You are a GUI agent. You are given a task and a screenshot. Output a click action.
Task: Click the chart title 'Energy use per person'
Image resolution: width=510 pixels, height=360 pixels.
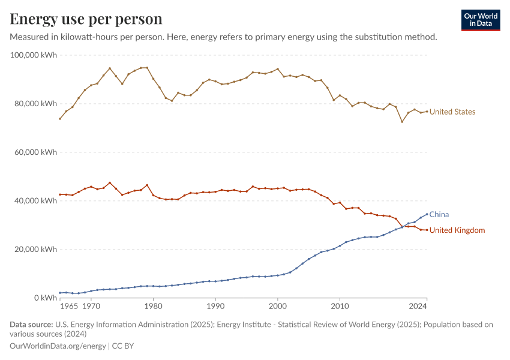[86, 19]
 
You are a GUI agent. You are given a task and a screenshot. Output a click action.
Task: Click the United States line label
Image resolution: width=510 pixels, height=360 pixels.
[452, 112]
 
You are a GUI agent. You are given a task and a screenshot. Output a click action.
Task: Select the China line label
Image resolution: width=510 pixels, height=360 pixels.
[439, 214]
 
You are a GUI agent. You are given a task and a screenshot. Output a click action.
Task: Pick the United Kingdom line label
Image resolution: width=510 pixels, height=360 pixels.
[457, 230]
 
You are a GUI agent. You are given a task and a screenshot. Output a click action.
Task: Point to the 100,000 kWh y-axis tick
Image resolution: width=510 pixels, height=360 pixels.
[34, 55]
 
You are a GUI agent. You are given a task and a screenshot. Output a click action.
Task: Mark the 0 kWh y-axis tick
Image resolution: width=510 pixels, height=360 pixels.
[46, 298]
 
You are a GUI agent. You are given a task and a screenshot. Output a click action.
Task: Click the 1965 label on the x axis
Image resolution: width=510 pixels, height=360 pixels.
[68, 307]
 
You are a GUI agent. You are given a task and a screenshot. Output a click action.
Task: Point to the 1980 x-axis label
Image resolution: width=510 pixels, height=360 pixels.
[153, 307]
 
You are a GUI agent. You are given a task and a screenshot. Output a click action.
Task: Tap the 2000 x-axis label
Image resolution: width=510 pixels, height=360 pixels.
[277, 307]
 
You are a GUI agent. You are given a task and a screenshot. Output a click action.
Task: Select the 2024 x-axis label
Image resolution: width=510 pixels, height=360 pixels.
[418, 307]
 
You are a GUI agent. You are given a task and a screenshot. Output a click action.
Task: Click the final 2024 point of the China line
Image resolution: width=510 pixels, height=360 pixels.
[427, 214]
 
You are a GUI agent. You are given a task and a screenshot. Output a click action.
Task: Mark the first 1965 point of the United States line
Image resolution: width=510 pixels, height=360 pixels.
[59, 119]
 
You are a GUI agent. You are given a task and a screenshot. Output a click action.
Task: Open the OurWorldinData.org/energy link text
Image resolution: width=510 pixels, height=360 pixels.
[57, 346]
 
